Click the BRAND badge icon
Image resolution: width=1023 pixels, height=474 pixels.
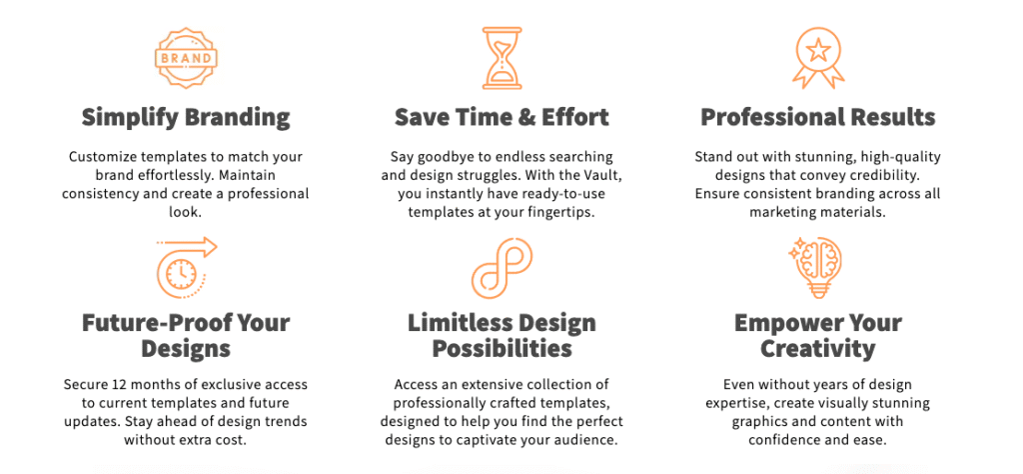(186, 57)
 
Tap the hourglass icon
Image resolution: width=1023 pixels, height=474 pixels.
(502, 58)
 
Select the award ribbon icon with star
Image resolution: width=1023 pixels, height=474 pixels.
(818, 58)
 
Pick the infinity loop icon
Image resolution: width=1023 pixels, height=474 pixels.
(502, 268)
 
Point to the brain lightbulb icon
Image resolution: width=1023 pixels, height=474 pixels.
(815, 268)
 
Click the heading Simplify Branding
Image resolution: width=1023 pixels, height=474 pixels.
(186, 118)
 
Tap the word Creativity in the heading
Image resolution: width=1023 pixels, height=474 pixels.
(818, 349)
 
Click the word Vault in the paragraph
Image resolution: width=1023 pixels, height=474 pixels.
(591, 176)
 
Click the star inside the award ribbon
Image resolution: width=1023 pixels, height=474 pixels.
(818, 50)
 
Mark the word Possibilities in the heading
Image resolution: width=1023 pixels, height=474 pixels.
(502, 349)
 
